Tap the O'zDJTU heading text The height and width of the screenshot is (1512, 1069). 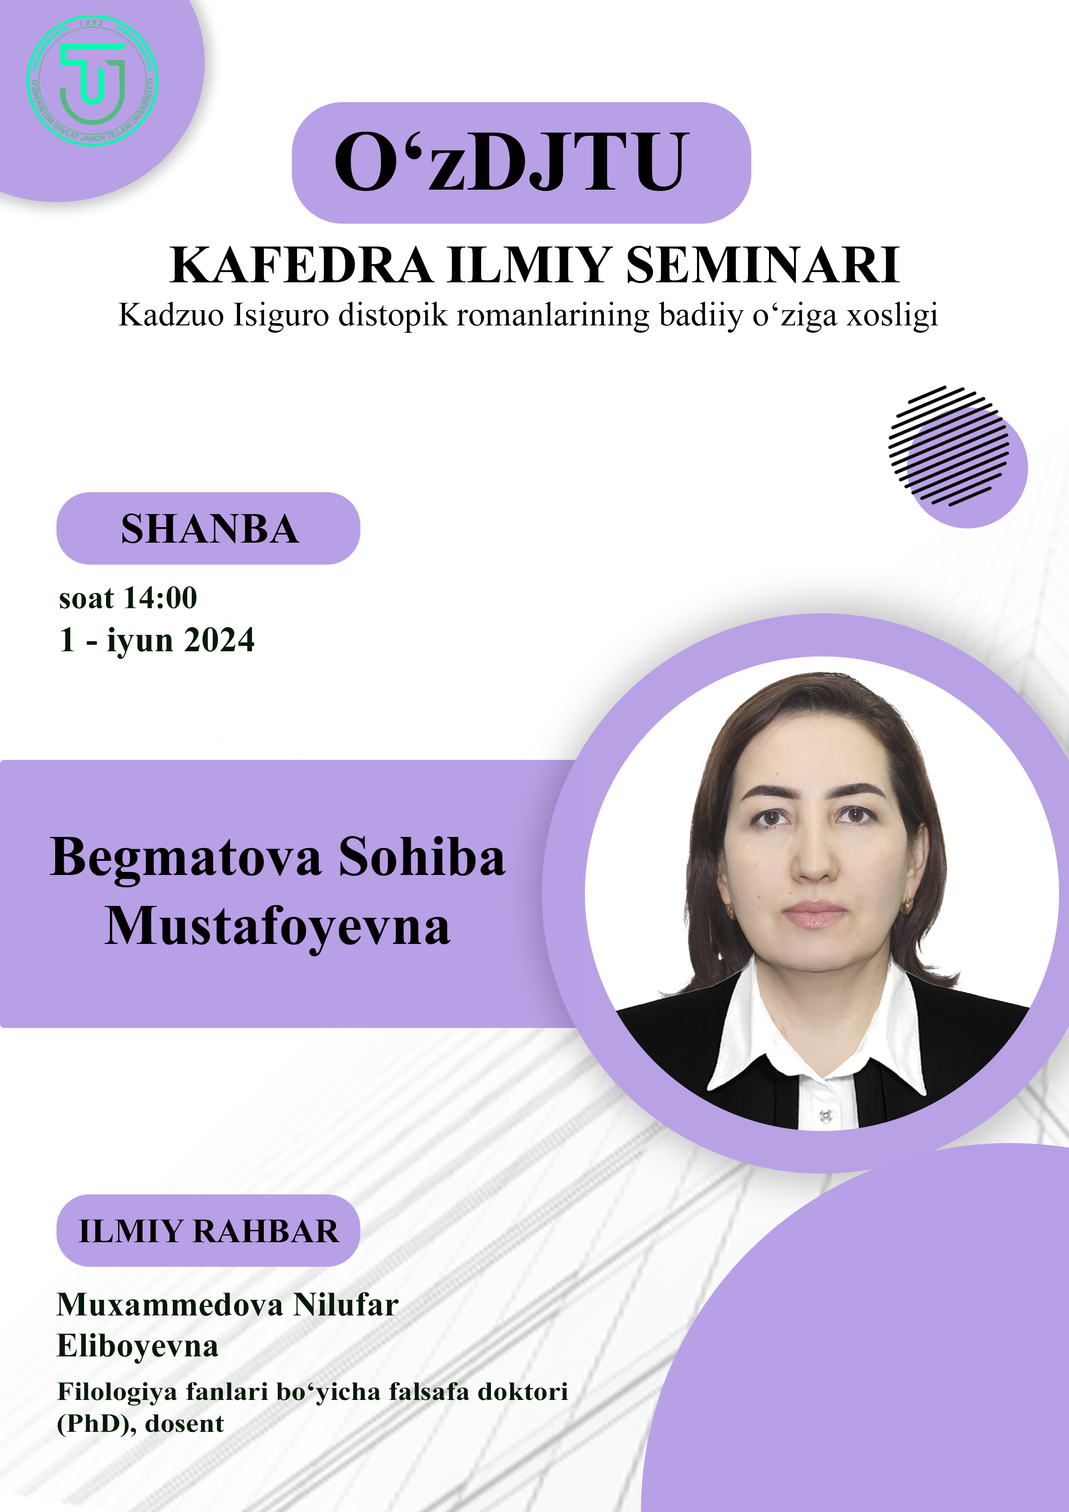(x=512, y=162)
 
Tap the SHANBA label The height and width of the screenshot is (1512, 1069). (x=209, y=529)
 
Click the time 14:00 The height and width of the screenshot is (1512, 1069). (x=161, y=598)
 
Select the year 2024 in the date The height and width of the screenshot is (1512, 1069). (x=219, y=640)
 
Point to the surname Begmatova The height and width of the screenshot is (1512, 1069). (x=186, y=859)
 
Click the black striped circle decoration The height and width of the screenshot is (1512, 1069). (x=948, y=446)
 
